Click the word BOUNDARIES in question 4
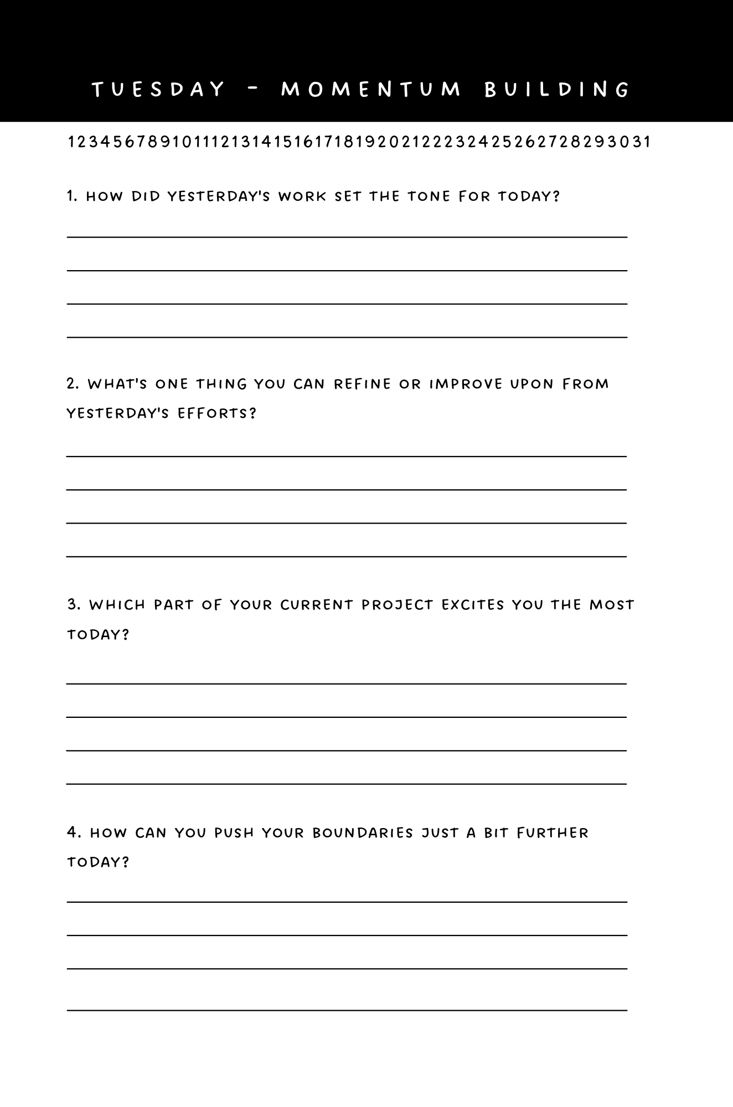363,833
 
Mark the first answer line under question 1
347,237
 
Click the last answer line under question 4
347,1010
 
